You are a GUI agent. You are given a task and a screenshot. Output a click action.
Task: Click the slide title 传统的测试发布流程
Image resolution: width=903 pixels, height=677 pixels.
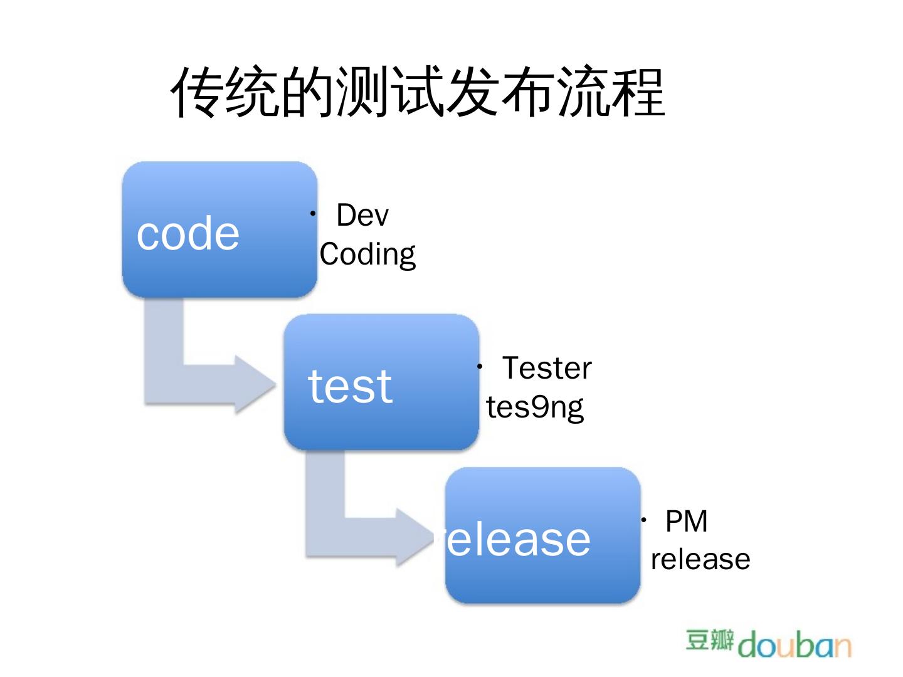(x=418, y=93)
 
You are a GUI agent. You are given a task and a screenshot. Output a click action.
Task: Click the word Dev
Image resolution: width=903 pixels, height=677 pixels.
(x=362, y=216)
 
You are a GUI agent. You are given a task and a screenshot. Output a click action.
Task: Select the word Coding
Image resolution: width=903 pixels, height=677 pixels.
(x=367, y=255)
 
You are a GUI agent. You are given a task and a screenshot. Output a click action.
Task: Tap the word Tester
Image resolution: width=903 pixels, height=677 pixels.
(x=547, y=369)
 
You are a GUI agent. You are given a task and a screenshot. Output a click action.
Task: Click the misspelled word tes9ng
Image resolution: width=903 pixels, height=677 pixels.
(x=535, y=407)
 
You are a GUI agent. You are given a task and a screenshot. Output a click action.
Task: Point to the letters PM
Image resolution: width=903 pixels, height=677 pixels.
(x=687, y=522)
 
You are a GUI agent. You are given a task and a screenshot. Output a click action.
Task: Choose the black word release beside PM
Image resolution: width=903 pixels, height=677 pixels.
(x=700, y=560)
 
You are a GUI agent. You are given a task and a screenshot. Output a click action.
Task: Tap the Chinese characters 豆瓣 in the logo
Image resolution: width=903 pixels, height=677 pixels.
(x=710, y=641)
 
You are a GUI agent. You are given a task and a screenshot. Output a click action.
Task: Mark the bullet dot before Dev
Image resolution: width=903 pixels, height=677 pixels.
(x=312, y=214)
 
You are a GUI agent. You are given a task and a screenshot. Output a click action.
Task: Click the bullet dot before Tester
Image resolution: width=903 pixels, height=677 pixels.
(x=479, y=366)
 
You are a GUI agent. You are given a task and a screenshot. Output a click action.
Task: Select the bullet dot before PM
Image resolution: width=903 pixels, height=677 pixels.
(x=644, y=520)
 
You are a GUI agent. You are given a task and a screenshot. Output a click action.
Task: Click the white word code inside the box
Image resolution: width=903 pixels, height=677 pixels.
(x=188, y=234)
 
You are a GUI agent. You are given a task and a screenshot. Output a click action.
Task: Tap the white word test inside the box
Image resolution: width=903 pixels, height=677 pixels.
(x=350, y=386)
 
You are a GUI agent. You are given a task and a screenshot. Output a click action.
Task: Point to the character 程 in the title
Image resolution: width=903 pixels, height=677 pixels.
(x=639, y=93)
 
